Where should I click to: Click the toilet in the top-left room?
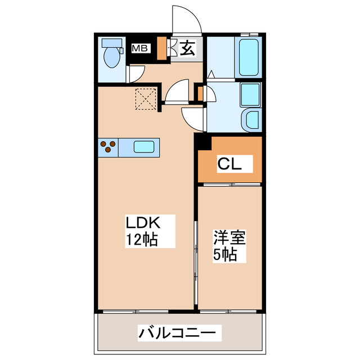(x=112, y=53)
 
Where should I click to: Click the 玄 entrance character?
(x=187, y=49)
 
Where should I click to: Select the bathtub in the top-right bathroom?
(x=248, y=58)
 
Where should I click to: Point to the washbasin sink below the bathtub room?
(x=250, y=120)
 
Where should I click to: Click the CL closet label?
(x=229, y=164)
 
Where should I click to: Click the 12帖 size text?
(x=141, y=239)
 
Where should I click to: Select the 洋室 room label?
(x=229, y=237)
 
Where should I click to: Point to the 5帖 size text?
(x=225, y=254)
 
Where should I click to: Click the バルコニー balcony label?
(x=176, y=333)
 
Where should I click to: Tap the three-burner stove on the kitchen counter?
(x=109, y=147)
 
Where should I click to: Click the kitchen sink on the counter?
(x=143, y=147)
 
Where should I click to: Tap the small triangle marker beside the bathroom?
(x=211, y=74)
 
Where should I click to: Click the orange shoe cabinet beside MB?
(x=162, y=48)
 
